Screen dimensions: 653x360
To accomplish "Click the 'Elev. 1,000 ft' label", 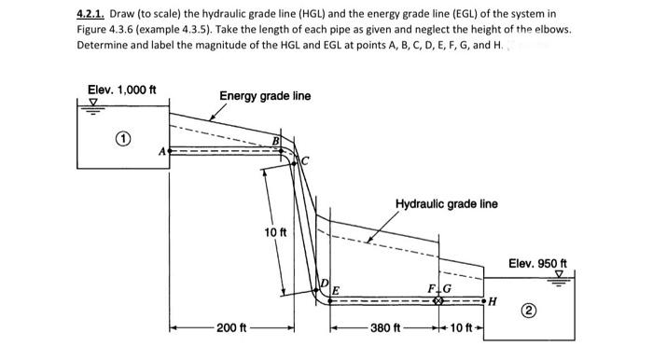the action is [x=121, y=90].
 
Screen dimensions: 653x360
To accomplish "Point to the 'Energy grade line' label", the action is [x=265, y=96].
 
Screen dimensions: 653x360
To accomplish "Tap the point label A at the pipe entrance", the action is [x=162, y=149].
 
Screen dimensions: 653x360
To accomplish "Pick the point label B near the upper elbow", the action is [x=275, y=140].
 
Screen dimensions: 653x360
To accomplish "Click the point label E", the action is [x=336, y=287].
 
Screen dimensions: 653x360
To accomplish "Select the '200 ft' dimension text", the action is [x=231, y=328].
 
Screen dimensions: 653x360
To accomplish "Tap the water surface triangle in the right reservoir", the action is [x=559, y=275].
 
